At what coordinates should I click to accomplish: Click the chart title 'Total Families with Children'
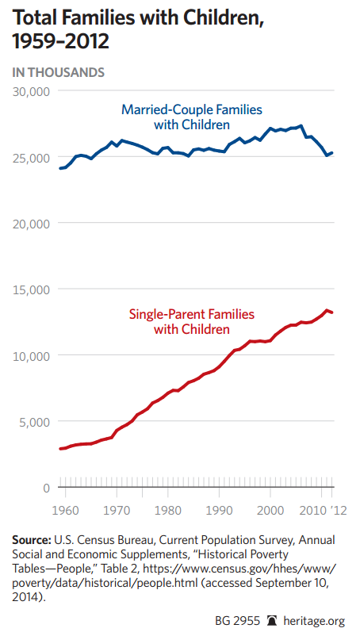click(138, 19)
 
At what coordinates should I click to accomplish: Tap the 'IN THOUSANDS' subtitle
click(59, 73)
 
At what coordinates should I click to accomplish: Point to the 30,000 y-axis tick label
click(31, 91)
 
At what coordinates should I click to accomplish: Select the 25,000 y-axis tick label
click(31, 157)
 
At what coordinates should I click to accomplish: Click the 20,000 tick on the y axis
click(31, 224)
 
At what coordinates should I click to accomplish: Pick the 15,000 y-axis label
click(31, 289)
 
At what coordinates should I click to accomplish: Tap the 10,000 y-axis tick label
click(31, 356)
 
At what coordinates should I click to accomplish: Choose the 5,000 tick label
click(35, 422)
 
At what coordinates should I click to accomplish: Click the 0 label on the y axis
click(46, 488)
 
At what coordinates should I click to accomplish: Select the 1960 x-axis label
click(66, 510)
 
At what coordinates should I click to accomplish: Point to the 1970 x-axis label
click(117, 510)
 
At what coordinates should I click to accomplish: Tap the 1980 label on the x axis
click(168, 510)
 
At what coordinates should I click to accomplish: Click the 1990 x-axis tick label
click(220, 510)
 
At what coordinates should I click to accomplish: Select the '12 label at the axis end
click(339, 510)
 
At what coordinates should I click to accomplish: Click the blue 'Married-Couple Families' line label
click(192, 109)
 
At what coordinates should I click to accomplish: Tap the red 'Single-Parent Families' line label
click(192, 314)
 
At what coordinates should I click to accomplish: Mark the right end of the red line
click(331, 312)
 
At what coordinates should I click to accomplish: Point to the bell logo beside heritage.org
click(272, 621)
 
